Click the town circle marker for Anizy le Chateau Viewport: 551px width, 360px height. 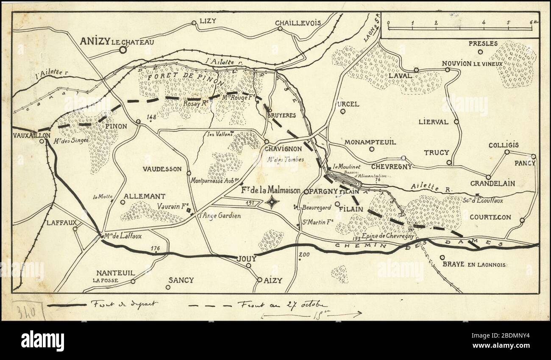[122, 50]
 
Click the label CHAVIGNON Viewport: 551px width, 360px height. [283, 149]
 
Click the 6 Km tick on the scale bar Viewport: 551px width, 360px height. [531, 29]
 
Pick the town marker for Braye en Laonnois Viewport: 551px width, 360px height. [442, 257]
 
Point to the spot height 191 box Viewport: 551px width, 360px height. [250, 203]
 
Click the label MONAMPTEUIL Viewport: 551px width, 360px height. [370, 142]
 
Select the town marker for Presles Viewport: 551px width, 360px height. [480, 52]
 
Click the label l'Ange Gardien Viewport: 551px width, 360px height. [220, 216]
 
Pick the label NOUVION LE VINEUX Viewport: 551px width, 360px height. [472, 64]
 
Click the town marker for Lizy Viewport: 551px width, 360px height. [194, 23]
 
